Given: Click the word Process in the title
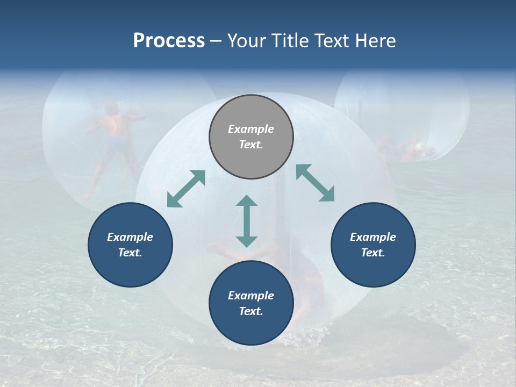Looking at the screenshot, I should (169, 41).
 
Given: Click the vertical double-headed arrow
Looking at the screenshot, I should (247, 221).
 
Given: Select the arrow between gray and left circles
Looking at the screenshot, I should (186, 189).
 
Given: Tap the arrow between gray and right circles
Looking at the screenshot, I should (316, 183).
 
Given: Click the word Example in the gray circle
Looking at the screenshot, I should (251, 129).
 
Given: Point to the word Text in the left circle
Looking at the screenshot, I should (130, 253).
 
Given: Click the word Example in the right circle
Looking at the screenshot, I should (373, 237).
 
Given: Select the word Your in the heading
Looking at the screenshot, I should (247, 41).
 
